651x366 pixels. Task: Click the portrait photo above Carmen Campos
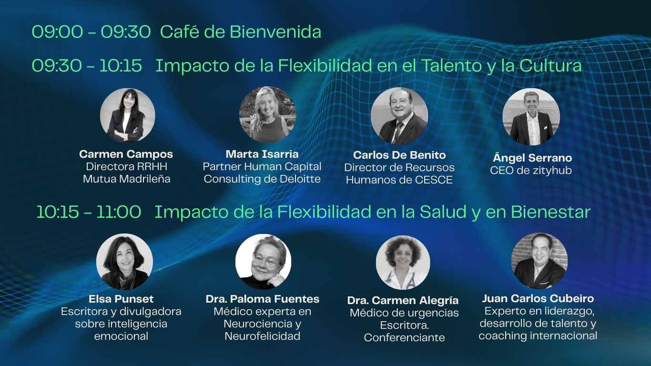click(127, 115)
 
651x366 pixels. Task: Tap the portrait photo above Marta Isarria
click(267, 114)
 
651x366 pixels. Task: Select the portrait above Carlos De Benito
click(399, 116)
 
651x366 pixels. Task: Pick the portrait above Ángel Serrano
click(531, 117)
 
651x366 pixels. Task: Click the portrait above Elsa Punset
click(125, 262)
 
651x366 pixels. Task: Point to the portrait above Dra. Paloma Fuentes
click(263, 262)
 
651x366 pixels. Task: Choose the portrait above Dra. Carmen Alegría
click(403, 263)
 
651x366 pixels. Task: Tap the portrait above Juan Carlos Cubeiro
click(539, 261)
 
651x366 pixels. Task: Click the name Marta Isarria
click(262, 154)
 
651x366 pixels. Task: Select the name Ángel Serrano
click(532, 157)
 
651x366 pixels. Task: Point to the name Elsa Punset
click(121, 299)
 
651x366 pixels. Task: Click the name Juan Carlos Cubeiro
click(538, 298)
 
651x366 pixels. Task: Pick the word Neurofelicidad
click(263, 336)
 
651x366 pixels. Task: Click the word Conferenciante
click(404, 337)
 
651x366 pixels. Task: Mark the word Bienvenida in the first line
click(275, 31)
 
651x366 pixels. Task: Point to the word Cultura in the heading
click(550, 66)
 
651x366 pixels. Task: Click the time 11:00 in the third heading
click(119, 212)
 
